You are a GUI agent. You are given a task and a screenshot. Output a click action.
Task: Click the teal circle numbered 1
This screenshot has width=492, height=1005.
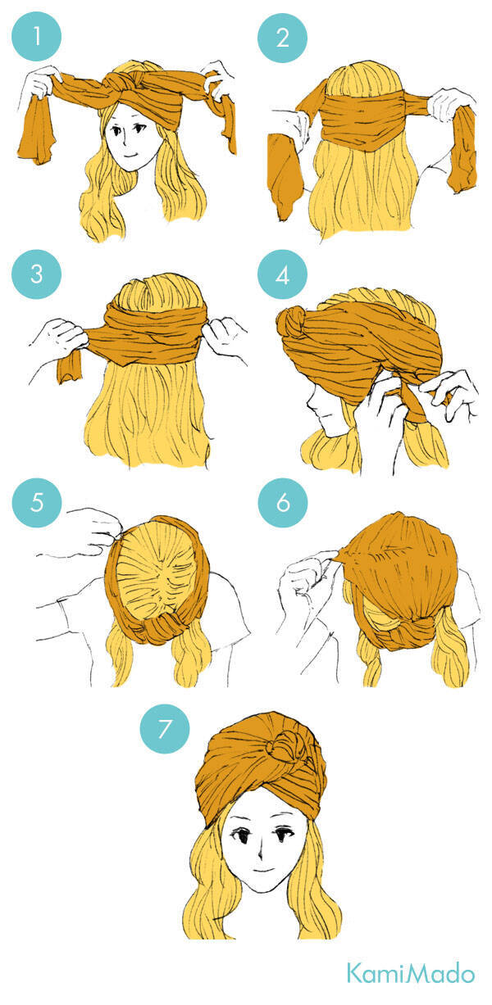36,36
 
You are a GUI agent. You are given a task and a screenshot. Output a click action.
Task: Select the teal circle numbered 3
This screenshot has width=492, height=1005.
36,274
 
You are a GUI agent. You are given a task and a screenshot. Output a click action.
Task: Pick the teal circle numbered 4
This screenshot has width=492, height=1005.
282,274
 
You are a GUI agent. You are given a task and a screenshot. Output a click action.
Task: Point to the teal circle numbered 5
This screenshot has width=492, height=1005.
37,502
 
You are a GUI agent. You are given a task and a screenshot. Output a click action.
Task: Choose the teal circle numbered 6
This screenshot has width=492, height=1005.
283,502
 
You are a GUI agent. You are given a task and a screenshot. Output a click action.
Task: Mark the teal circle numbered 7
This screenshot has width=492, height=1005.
165,729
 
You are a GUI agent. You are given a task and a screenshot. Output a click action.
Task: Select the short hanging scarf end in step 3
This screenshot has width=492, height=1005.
70,366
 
